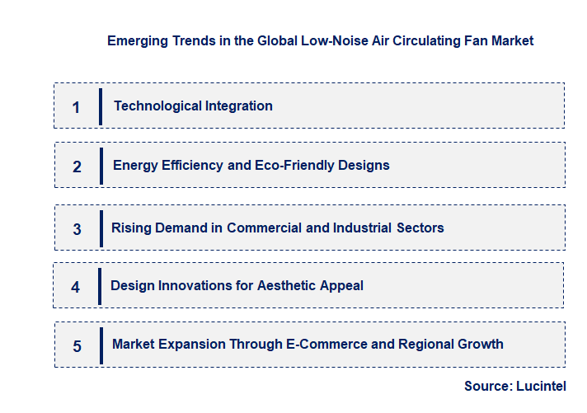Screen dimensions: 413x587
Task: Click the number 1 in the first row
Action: [76, 107]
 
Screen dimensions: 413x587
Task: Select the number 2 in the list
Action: [77, 167]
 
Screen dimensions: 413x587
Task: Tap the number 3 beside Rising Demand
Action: [77, 229]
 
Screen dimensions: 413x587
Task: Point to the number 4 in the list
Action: [76, 288]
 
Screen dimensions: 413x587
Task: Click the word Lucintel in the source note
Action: [542, 386]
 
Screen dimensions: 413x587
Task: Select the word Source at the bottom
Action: [487, 386]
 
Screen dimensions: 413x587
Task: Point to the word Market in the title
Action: [513, 40]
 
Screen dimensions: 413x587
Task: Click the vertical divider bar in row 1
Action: [100, 106]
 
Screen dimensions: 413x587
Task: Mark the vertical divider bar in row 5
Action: [100, 345]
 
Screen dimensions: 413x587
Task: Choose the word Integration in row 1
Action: [238, 106]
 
